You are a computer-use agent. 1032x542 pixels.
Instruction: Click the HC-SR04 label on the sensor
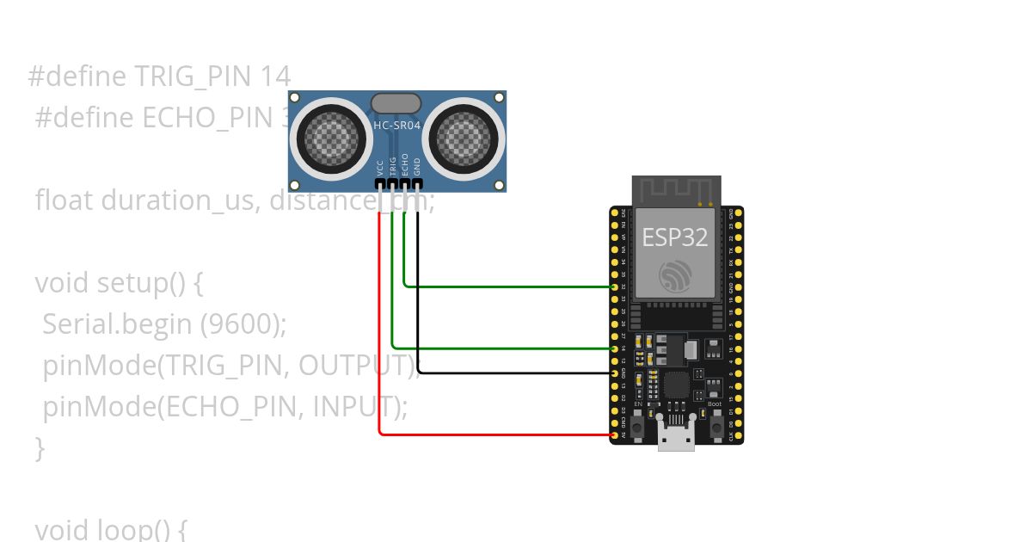click(x=396, y=126)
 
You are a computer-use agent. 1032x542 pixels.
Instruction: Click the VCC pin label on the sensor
click(x=380, y=167)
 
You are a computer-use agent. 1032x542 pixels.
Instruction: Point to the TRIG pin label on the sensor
click(x=393, y=165)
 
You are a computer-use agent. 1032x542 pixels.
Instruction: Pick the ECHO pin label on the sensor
click(x=405, y=164)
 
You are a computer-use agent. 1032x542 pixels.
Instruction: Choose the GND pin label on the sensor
click(x=418, y=166)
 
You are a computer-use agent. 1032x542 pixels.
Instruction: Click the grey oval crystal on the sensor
click(x=396, y=104)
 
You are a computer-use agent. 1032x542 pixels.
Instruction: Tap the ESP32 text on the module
click(x=675, y=237)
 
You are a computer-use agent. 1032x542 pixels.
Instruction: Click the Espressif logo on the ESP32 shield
click(x=675, y=275)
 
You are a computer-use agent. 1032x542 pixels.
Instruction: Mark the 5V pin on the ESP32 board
click(x=614, y=436)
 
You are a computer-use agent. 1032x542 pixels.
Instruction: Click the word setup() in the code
click(x=150, y=283)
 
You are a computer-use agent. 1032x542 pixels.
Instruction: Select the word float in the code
click(x=64, y=200)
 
